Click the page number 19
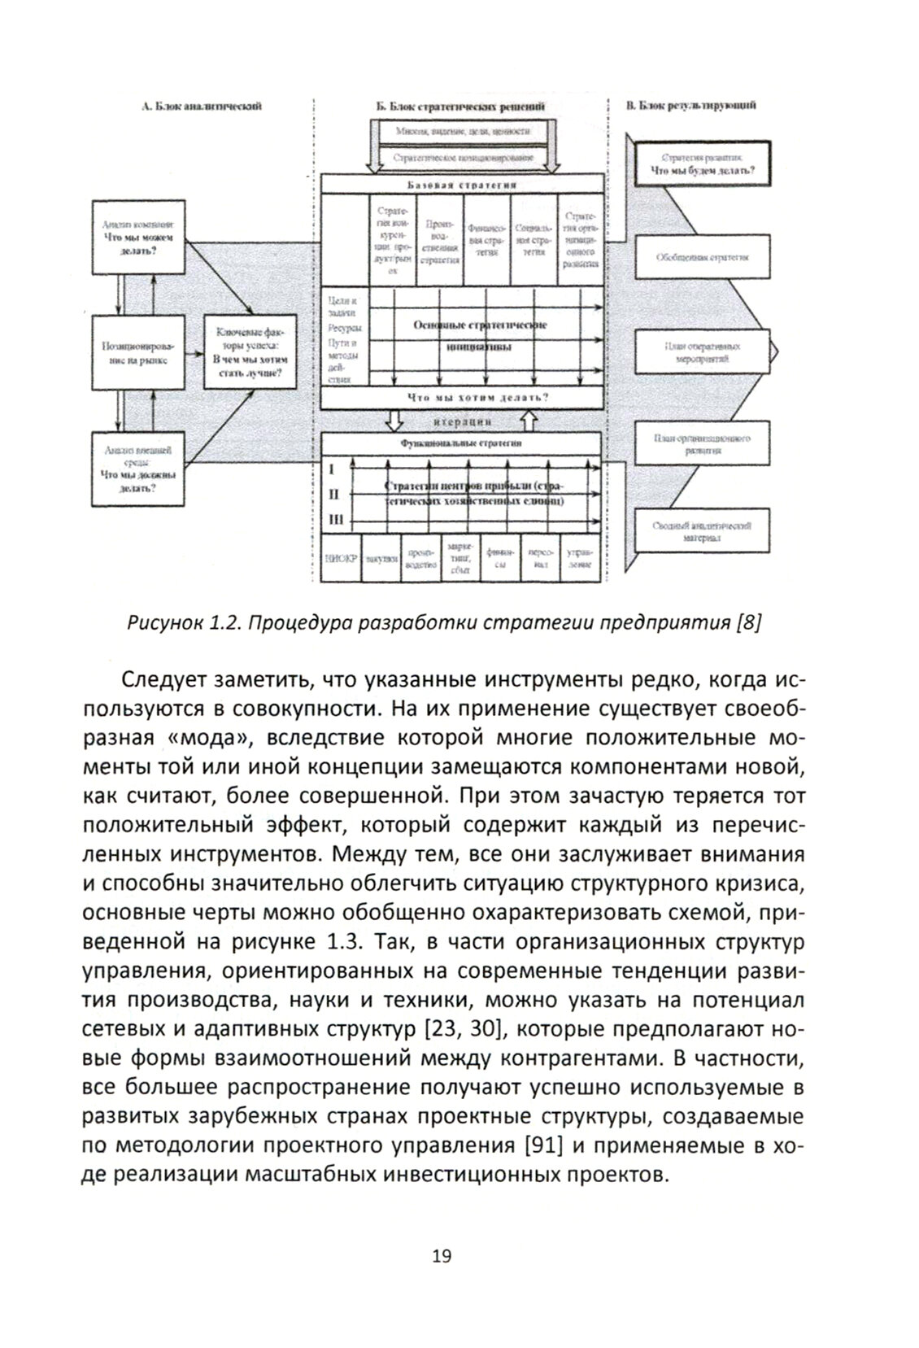pyautogui.click(x=442, y=1255)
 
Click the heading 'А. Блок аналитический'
pyautogui.click(x=201, y=106)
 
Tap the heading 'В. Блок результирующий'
pyautogui.click(x=691, y=105)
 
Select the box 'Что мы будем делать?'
pyautogui.click(x=702, y=164)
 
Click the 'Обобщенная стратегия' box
pyautogui.click(x=702, y=257)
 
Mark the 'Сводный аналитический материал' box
pyautogui.click(x=702, y=531)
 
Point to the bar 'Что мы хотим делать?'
pyautogui.click(x=461, y=397)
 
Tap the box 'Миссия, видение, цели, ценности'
pyautogui.click(x=463, y=131)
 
